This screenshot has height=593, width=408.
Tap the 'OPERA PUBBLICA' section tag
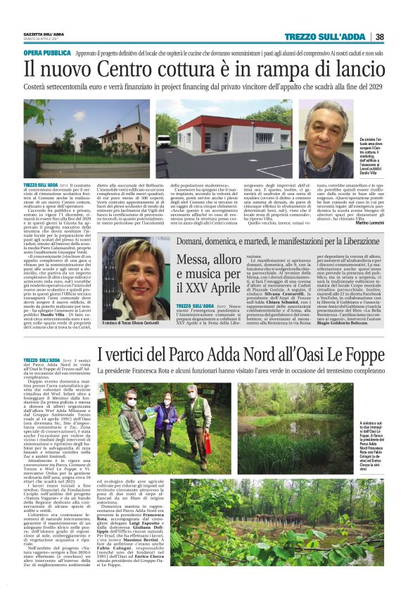(x=47, y=53)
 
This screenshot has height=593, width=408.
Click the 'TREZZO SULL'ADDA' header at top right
(x=334, y=37)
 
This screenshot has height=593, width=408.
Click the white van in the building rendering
(x=163, y=140)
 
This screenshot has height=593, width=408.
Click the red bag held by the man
(x=208, y=444)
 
